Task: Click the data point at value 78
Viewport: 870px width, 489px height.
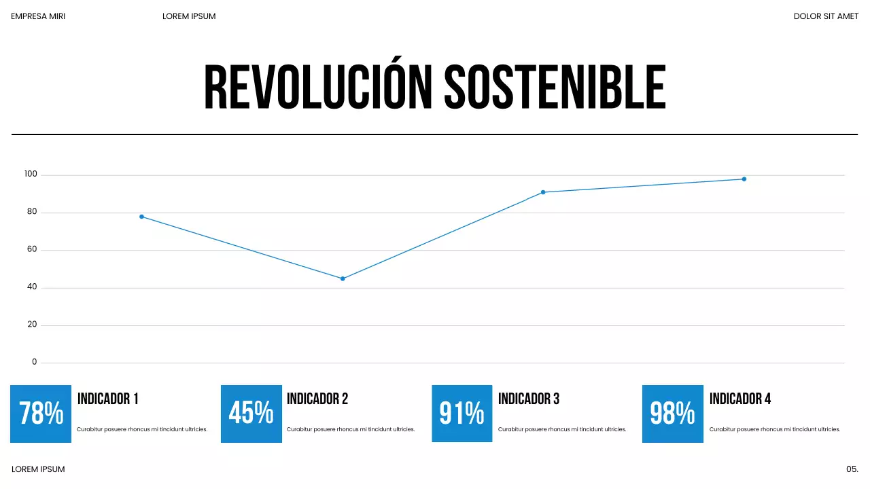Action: click(x=141, y=217)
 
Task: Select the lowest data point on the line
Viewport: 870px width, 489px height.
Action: click(x=343, y=278)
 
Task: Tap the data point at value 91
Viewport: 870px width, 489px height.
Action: click(x=543, y=192)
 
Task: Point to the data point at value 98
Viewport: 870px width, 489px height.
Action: click(x=744, y=179)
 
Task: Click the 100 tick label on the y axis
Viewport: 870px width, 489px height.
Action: click(x=31, y=175)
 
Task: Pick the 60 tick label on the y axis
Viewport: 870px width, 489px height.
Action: click(x=32, y=250)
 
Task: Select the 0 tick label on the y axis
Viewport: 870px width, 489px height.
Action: click(x=35, y=362)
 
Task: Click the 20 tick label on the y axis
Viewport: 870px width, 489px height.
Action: click(x=32, y=325)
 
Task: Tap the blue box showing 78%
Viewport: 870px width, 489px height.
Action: click(x=41, y=414)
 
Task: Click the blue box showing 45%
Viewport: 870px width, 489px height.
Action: click(x=251, y=414)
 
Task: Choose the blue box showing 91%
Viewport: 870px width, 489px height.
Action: click(x=462, y=414)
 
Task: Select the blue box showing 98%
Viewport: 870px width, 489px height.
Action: click(x=673, y=414)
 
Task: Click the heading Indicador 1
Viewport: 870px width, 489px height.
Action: click(x=108, y=399)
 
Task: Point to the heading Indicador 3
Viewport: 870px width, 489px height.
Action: click(x=529, y=399)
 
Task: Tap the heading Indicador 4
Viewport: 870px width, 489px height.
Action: click(x=740, y=399)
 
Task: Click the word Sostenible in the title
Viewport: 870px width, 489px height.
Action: click(x=555, y=88)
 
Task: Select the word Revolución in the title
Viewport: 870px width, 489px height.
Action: click(x=318, y=88)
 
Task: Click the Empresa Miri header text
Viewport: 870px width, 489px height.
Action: click(x=38, y=16)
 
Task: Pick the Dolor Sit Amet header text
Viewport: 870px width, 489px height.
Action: click(x=826, y=16)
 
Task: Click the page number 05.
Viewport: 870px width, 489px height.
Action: click(x=852, y=469)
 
